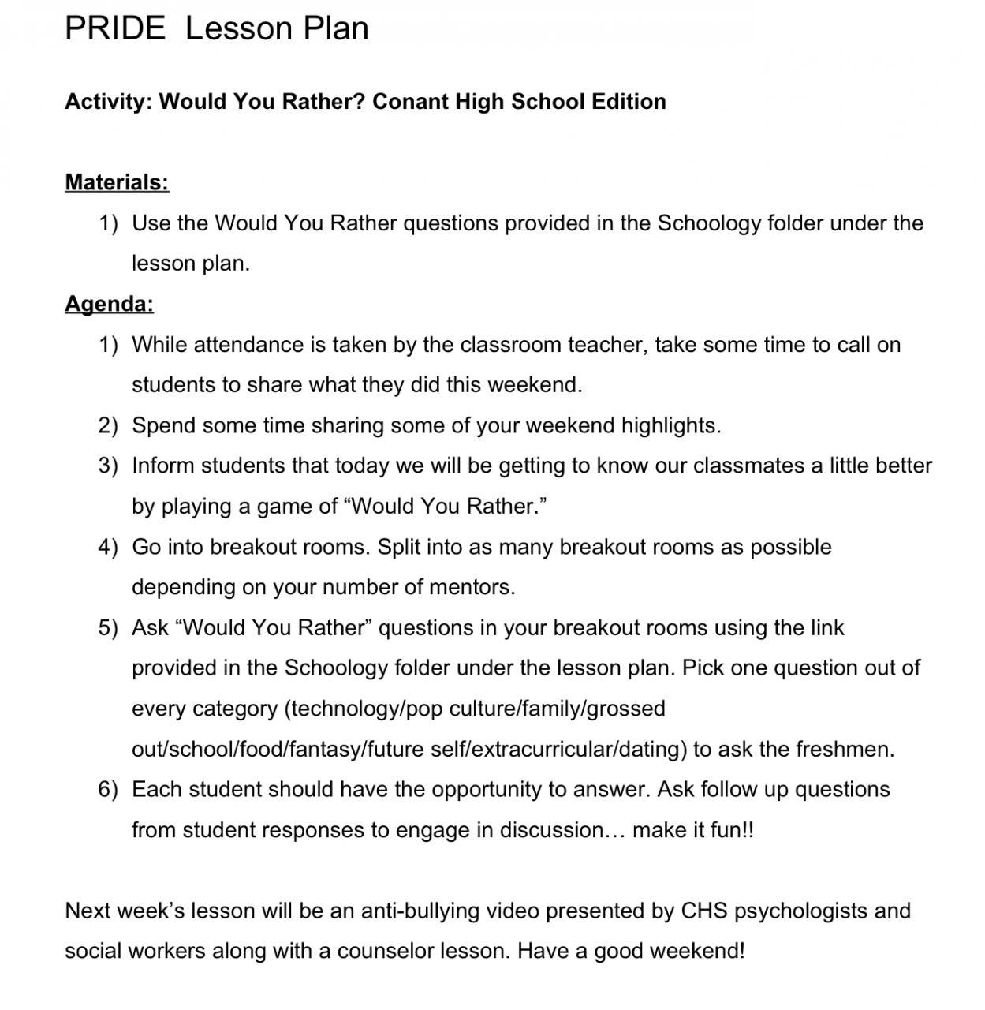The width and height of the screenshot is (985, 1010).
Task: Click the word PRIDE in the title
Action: click(x=115, y=28)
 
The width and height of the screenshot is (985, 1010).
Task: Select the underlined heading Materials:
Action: click(x=117, y=182)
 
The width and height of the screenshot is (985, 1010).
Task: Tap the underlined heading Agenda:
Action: click(x=109, y=304)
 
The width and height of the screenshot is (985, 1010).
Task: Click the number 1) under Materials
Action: click(x=108, y=223)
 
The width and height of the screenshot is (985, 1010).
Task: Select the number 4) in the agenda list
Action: click(x=108, y=547)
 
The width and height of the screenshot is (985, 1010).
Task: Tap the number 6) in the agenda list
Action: click(x=108, y=789)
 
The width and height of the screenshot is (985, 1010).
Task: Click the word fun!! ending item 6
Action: click(x=735, y=830)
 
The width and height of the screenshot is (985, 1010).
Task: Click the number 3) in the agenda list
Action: click(x=108, y=466)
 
